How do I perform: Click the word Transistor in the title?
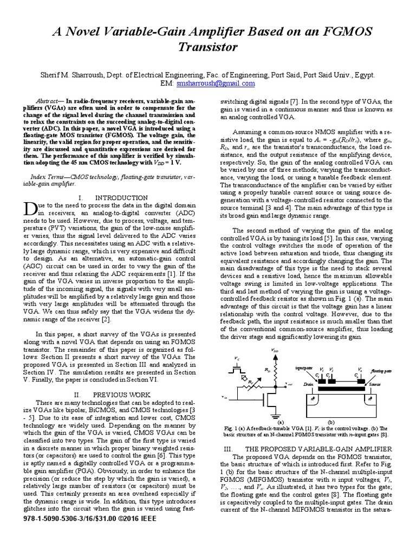pos(208,48)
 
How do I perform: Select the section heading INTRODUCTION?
pos(120,198)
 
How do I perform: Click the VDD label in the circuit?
pos(275,352)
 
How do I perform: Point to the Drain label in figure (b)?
pos(309,384)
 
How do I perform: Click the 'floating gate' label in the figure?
pos(380,370)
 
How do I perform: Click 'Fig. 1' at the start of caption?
pos(231,428)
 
